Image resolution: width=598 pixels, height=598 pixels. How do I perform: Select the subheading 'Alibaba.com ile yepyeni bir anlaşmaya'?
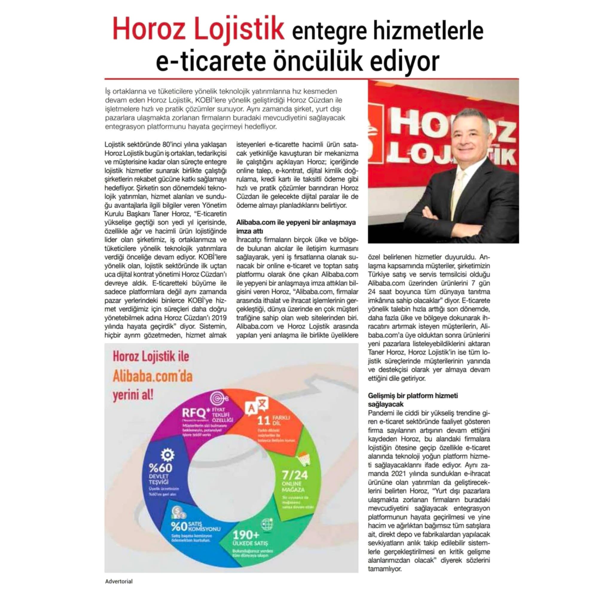[296, 222]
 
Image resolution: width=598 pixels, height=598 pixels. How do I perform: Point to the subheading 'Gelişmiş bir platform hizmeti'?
[413, 396]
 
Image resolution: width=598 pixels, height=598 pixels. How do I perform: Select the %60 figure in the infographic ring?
[160, 467]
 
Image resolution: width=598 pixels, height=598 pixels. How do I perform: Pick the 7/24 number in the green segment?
[295, 475]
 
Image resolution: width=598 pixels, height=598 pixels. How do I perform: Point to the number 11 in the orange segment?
[264, 420]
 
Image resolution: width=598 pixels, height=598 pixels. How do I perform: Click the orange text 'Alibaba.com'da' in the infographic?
[152, 377]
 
